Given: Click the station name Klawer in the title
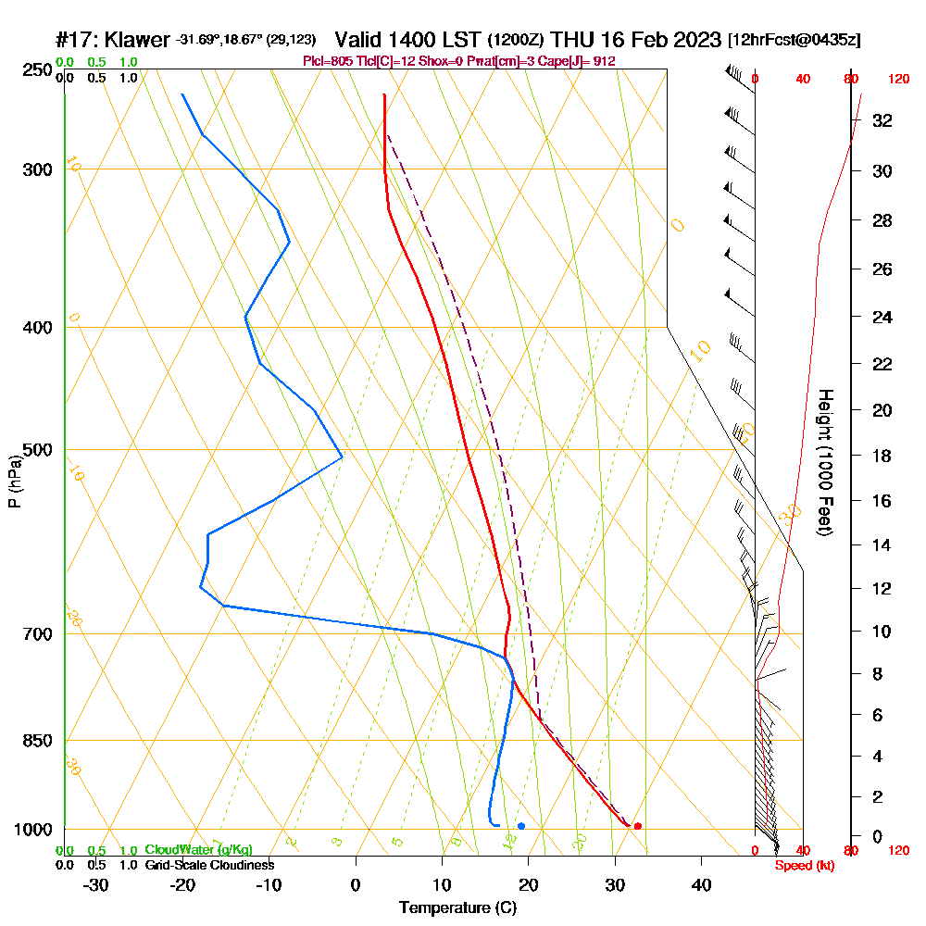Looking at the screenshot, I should (x=138, y=41).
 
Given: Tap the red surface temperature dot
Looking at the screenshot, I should (x=637, y=826).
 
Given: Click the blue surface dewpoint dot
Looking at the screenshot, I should (x=521, y=826).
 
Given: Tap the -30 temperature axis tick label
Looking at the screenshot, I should (x=96, y=885).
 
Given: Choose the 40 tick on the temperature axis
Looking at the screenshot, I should (x=701, y=885).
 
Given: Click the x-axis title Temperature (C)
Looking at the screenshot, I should (x=457, y=908).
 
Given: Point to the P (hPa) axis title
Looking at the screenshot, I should (x=14, y=481).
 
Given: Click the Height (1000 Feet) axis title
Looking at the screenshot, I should (x=823, y=461).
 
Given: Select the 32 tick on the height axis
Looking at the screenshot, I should (x=882, y=120).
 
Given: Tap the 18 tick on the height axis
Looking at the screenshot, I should (x=882, y=456).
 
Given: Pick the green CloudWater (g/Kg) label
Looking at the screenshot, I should (x=198, y=850).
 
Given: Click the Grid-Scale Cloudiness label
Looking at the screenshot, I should (x=209, y=865).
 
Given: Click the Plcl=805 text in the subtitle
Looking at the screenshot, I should (x=327, y=61).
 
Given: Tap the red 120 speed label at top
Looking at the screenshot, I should (x=897, y=80).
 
